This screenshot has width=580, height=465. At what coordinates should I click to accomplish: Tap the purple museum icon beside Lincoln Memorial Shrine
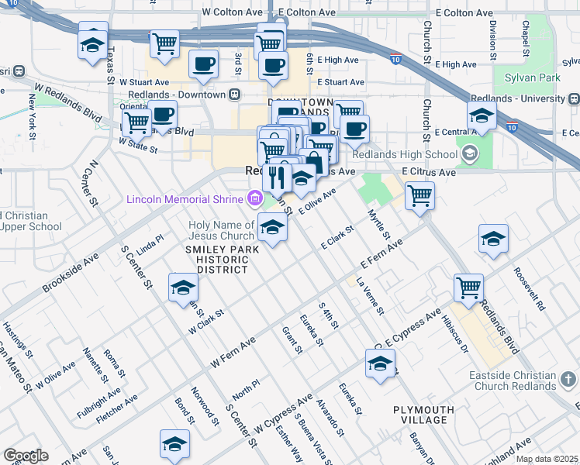(254, 199)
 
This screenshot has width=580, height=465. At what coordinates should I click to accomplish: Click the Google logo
(26, 456)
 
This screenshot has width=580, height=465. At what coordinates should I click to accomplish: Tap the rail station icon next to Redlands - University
(575, 98)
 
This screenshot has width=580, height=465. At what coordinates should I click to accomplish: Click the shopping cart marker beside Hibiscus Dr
(468, 288)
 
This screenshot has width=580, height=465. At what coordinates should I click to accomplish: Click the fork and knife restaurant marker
(277, 177)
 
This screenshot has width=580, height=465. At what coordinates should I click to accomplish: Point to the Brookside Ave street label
(70, 274)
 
